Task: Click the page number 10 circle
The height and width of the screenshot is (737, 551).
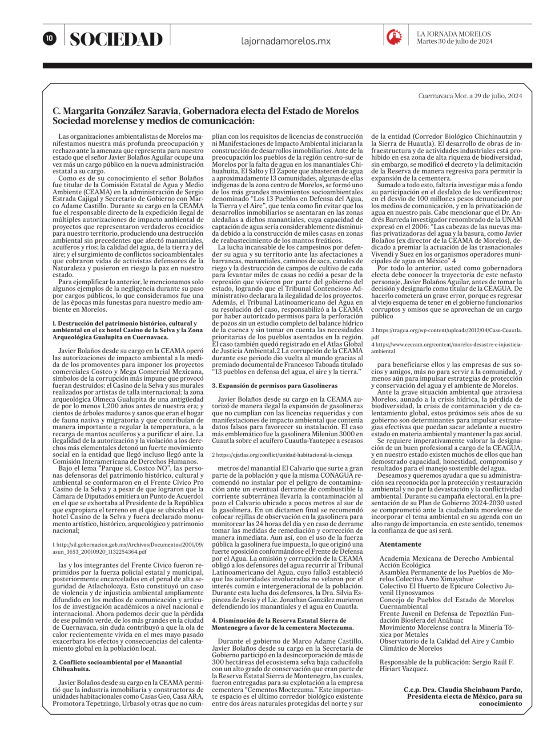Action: (49, 38)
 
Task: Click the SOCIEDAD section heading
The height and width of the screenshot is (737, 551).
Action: (116, 39)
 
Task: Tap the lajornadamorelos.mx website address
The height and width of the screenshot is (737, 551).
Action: (286, 41)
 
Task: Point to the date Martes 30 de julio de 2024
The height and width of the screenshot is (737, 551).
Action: (454, 41)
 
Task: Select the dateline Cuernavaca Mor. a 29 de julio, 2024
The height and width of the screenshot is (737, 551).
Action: (470, 96)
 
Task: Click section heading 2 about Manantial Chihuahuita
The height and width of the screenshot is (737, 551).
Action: (117, 665)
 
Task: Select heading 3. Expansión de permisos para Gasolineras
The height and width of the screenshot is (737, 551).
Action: (274, 386)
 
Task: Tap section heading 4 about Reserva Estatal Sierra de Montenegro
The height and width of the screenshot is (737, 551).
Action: (282, 624)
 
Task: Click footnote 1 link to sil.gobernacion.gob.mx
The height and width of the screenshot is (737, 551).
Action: (128, 548)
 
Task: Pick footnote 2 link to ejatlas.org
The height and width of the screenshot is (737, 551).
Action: (282, 455)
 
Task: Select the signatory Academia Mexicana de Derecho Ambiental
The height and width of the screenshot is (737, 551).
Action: (446, 559)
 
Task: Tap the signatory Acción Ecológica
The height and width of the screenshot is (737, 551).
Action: (405, 565)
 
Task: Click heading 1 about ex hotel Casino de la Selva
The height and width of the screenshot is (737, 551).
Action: (127, 330)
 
